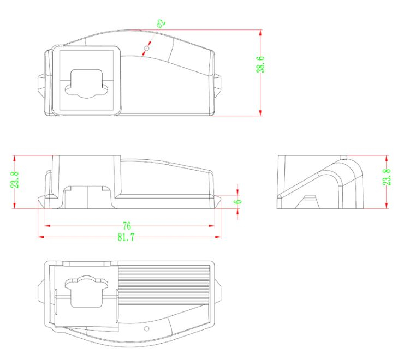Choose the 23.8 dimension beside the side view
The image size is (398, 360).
pyautogui.click(x=387, y=177)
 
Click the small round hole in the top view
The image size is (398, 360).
pyautogui.click(x=146, y=50)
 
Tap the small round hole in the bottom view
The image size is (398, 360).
pyautogui.click(x=146, y=329)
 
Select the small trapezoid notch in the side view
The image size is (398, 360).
pyautogui.click(x=309, y=200)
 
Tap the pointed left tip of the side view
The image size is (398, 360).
pyautogui.click(x=278, y=197)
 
